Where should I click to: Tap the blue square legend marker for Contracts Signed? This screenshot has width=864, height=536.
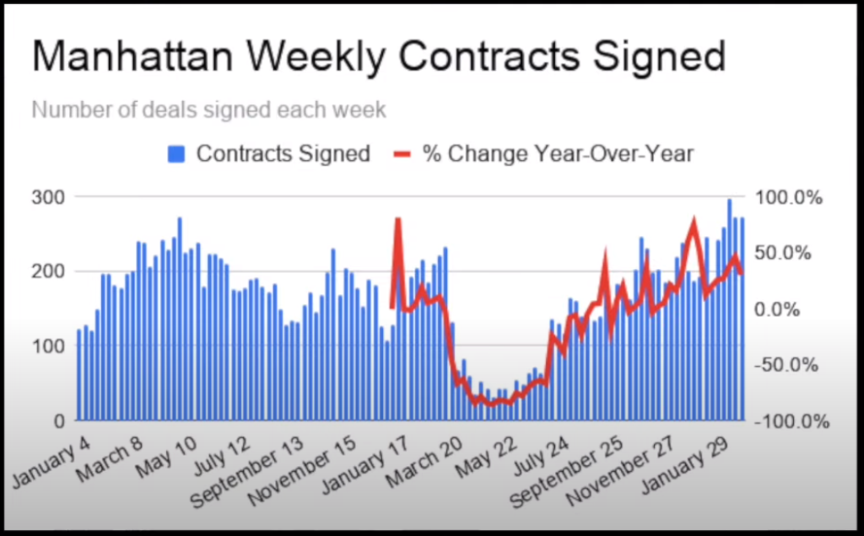pos(176,153)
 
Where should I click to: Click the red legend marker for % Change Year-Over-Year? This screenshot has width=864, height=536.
pos(403,153)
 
